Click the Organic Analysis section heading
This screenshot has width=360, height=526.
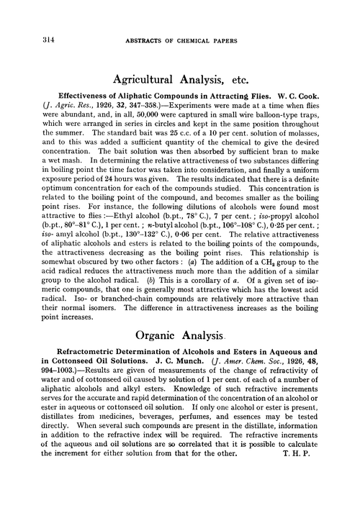(x=179, y=335)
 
